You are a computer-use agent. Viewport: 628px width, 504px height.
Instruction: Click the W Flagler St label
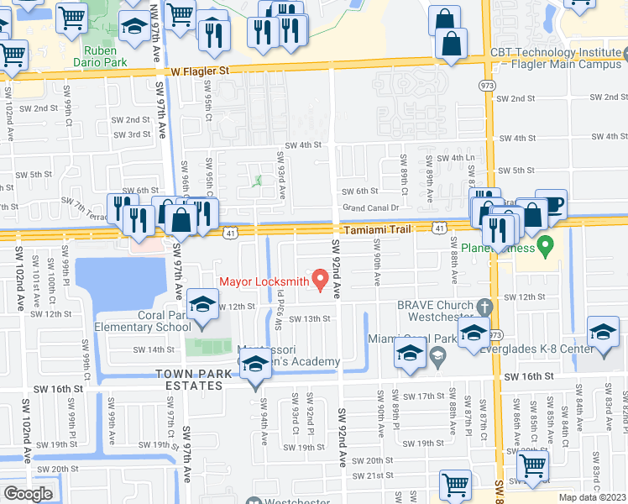[x=199, y=72]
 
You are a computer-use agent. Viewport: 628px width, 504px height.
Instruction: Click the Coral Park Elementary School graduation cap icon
[x=201, y=305]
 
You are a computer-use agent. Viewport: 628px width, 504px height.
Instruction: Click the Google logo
[x=29, y=493]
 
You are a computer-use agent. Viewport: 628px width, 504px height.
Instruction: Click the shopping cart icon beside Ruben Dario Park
[x=72, y=17]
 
